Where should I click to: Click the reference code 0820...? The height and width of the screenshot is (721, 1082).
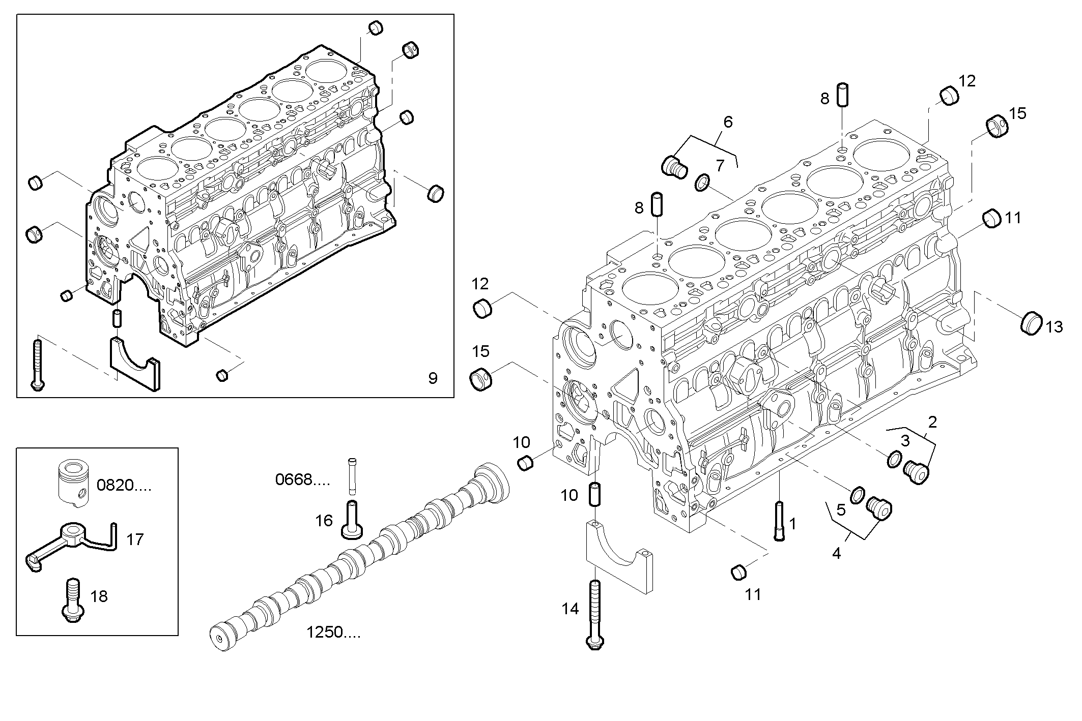(124, 485)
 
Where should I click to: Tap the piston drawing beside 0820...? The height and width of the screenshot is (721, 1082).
(74, 484)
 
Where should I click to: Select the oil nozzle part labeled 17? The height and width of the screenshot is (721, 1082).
(71, 545)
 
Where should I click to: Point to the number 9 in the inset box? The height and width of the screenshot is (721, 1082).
(433, 378)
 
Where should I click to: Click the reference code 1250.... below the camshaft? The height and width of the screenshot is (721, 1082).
(333, 633)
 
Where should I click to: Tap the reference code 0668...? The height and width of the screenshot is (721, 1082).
(302, 479)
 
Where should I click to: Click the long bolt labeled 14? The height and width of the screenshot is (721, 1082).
(595, 615)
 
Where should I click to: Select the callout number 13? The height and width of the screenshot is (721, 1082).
(1055, 327)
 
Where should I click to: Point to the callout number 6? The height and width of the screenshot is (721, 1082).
(728, 122)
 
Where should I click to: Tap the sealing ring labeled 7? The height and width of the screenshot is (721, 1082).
(702, 183)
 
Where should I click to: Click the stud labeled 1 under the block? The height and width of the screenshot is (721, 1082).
(779, 521)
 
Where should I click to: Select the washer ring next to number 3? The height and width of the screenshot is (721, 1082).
(894, 459)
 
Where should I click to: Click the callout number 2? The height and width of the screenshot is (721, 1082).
(932, 422)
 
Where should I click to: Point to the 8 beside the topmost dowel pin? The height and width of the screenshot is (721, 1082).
(825, 98)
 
